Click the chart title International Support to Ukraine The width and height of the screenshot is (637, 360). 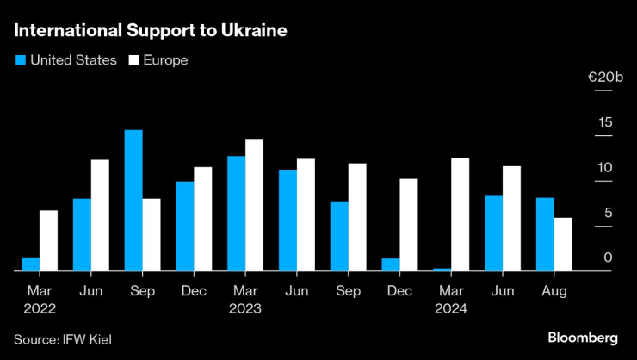point(150,31)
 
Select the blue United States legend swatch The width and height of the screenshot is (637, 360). point(20,60)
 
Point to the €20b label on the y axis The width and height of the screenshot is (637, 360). point(604,78)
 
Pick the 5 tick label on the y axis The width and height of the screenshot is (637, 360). point(609,212)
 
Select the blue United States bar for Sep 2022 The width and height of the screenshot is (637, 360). point(133,201)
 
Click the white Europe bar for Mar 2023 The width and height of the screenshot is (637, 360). point(254,205)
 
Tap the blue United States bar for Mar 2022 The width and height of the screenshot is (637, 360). point(30,264)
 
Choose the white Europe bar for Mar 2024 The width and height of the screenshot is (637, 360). point(460,214)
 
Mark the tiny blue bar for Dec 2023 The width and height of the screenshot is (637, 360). point(391,264)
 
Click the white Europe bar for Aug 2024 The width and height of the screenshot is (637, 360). point(563,245)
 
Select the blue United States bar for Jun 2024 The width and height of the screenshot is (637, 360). point(493,233)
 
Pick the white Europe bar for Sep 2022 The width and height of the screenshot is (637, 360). point(152,234)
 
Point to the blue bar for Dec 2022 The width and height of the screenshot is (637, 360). point(184,226)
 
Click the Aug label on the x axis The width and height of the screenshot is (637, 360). point(553,291)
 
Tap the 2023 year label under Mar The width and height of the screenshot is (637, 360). point(245,307)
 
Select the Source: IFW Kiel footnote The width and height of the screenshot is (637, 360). point(62,339)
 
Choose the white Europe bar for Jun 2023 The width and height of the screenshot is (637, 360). point(306,214)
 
